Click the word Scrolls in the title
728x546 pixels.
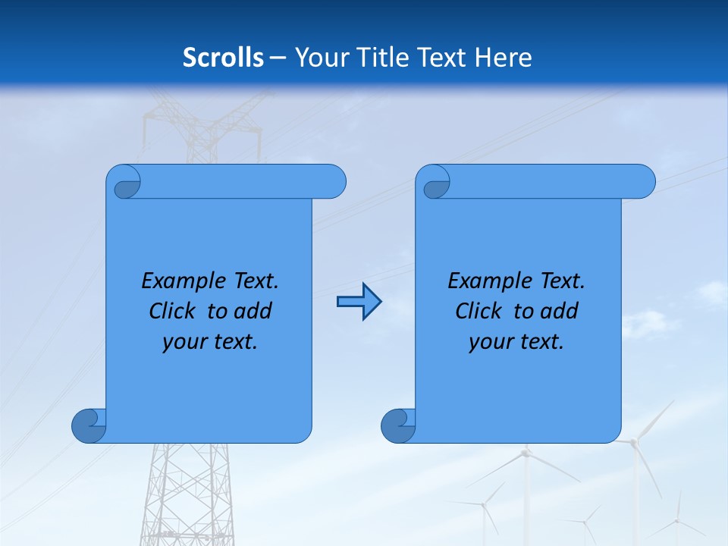223,58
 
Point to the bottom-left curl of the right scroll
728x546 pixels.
397,425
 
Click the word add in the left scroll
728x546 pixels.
253,311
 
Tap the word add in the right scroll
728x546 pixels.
560,311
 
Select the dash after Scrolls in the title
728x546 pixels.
278,58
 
